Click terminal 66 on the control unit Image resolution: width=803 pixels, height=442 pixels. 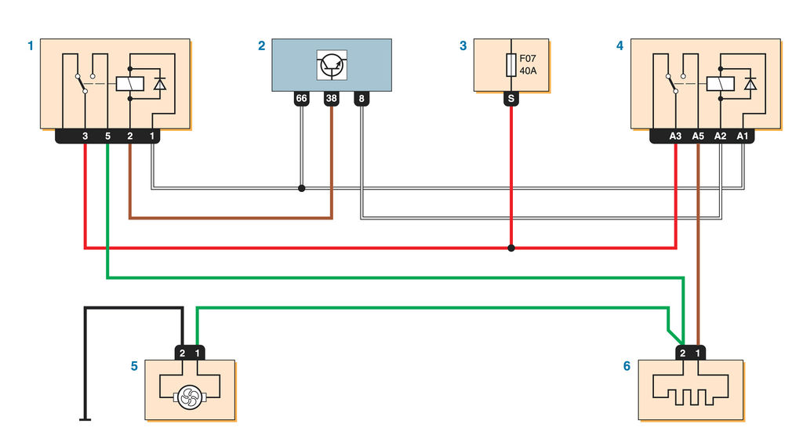302,99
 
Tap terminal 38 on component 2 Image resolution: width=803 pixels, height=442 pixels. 332,99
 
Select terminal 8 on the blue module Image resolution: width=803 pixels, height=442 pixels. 362,99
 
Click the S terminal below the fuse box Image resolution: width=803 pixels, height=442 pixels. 511,99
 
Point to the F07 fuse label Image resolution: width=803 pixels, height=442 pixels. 528,59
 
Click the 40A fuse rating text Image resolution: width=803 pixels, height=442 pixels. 528,71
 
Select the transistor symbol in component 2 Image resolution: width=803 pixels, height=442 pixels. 332,65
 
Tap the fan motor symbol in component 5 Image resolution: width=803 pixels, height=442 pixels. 190,397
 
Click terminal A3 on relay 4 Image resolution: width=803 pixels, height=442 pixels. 675,136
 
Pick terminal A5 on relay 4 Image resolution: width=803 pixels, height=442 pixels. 698,136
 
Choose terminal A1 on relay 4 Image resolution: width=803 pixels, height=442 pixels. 743,136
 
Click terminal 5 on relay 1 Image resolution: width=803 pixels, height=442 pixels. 107,136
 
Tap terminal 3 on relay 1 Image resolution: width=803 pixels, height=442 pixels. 85,136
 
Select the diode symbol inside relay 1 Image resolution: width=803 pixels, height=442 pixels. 160,83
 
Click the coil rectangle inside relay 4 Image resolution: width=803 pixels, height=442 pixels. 720,83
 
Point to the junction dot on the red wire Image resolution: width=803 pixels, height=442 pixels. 511,248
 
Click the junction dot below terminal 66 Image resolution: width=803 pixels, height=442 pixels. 302,188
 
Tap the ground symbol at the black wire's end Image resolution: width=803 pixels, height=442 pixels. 85,419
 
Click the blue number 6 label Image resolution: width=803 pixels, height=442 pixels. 627,366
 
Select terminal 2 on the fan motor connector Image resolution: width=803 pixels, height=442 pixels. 182,353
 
